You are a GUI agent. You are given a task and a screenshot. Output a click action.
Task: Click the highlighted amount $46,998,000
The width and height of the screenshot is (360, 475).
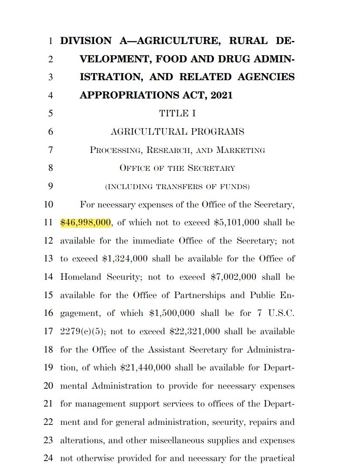(85, 223)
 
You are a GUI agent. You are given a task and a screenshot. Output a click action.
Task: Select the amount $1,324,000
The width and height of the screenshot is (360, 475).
(125, 259)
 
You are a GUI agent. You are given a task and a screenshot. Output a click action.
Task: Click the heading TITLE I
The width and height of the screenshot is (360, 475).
(177, 114)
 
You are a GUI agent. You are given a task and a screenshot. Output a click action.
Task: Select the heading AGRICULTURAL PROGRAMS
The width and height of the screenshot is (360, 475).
(177, 132)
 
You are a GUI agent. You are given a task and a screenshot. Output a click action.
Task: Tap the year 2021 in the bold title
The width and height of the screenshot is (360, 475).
(221, 95)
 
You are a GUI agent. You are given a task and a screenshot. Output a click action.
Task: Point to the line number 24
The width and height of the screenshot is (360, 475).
(48, 458)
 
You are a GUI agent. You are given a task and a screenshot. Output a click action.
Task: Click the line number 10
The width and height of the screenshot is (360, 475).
(48, 204)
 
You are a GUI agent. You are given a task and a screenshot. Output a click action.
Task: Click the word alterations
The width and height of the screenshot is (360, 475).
(81, 441)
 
